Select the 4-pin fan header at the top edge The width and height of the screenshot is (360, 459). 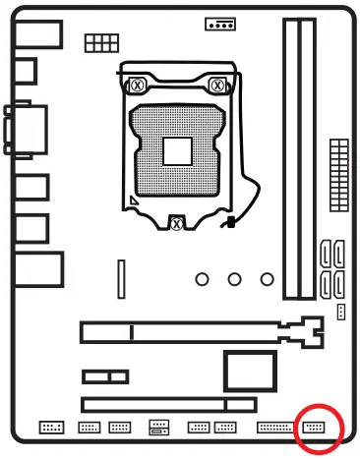220,24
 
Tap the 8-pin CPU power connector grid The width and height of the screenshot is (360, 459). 98,43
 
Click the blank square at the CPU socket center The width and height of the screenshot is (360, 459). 177,151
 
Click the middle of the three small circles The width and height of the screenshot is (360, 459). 234,279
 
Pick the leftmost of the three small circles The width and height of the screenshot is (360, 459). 203,279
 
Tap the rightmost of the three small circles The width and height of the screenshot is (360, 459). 266,279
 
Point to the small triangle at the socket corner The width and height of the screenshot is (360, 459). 132,204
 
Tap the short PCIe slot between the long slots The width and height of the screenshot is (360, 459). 105,376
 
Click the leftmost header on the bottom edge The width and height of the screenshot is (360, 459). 50,429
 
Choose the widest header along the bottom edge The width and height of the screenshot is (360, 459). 274,429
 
